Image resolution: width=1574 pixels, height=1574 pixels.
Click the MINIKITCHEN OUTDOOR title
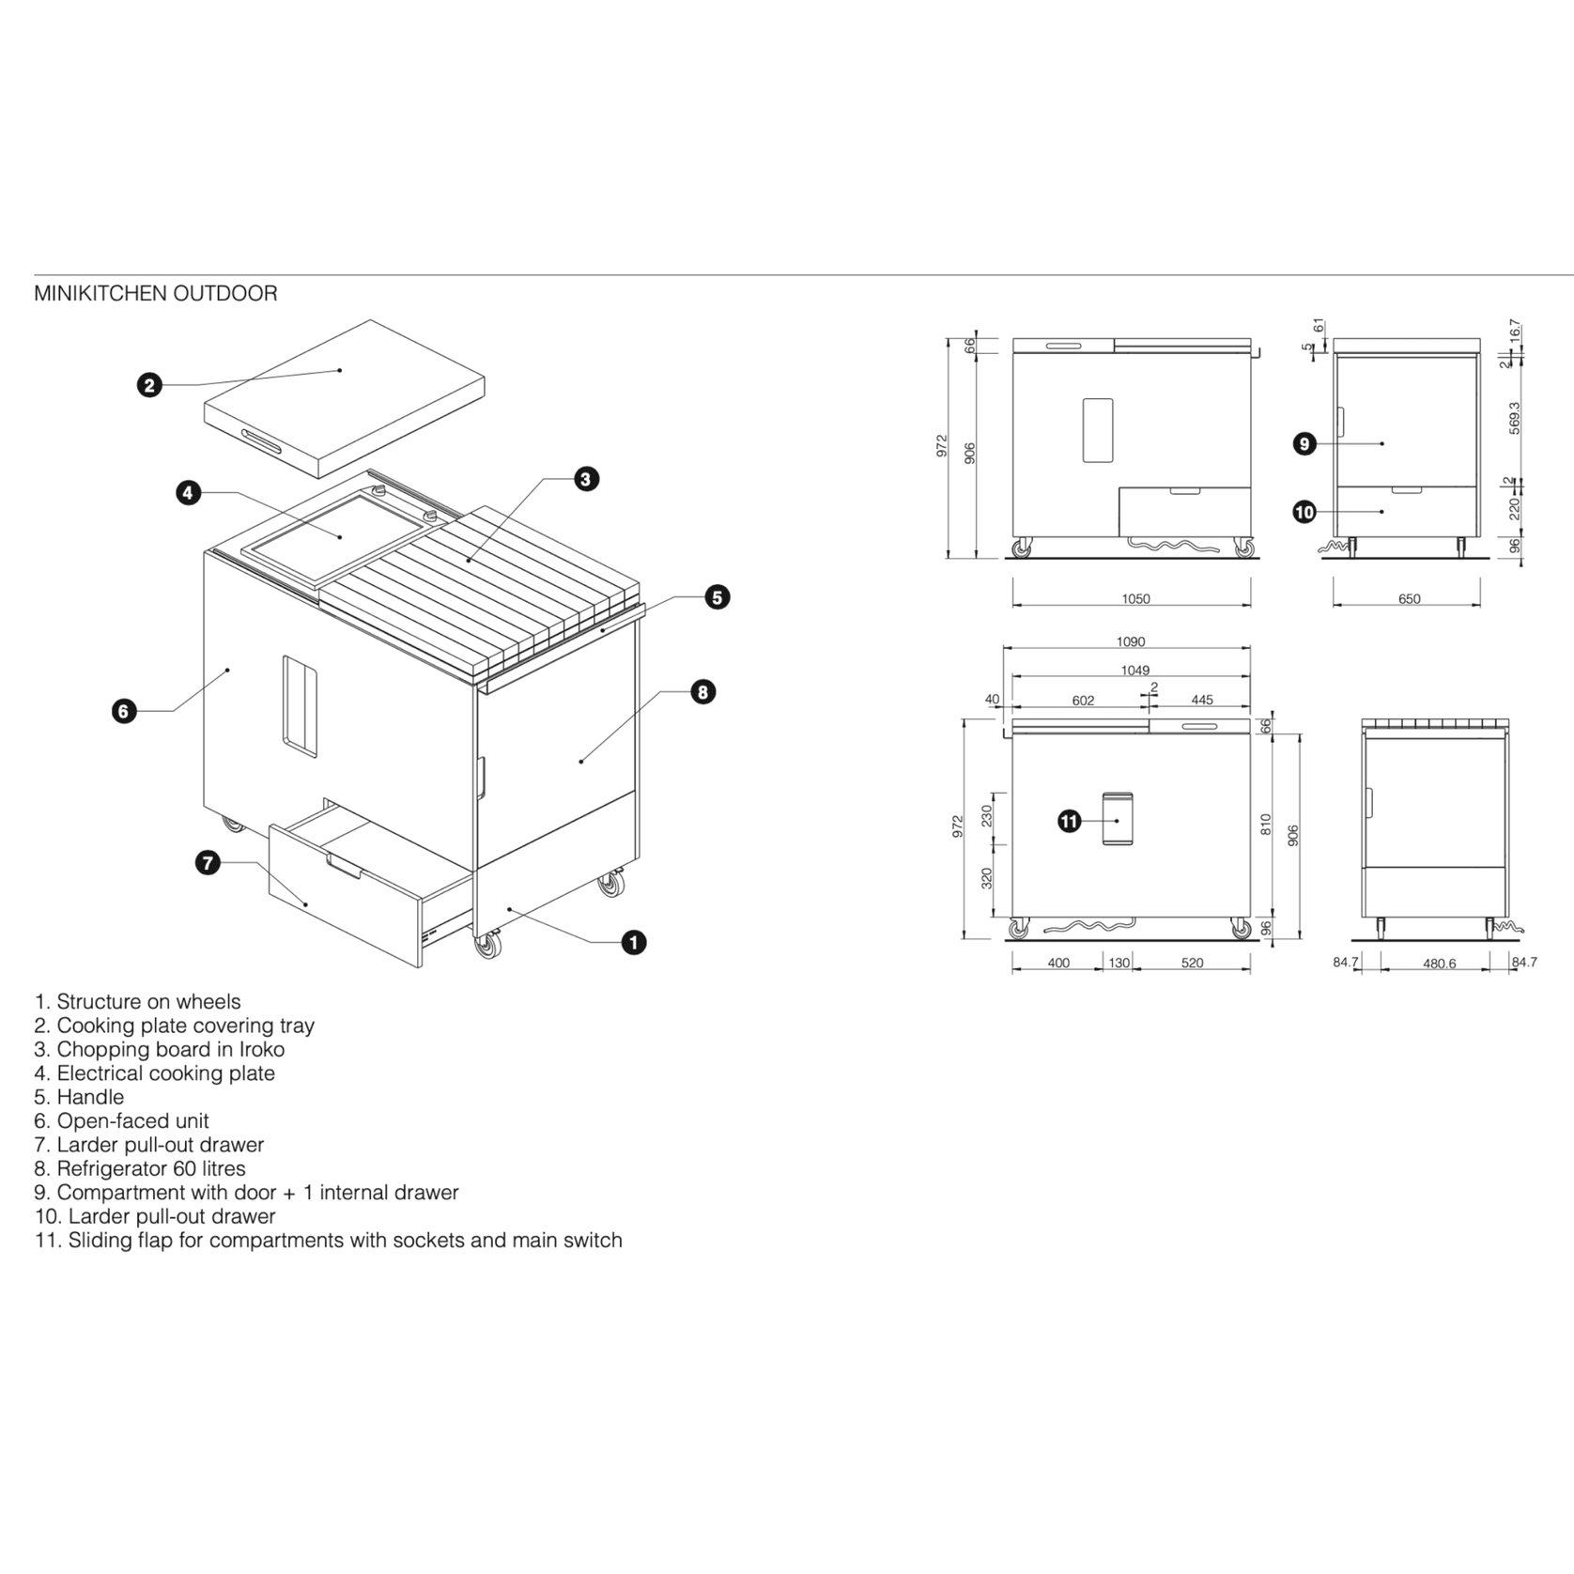156,293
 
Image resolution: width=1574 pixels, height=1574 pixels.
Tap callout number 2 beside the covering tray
149,384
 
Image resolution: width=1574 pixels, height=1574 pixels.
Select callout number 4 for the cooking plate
189,492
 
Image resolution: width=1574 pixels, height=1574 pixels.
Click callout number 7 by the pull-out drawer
208,862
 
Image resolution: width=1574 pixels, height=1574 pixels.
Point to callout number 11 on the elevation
1070,822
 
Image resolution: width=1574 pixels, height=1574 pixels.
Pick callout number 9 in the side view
1304,443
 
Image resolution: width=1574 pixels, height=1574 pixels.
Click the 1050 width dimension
1135,599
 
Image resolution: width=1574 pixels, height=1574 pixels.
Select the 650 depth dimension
1409,599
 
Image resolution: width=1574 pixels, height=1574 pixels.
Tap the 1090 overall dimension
1131,642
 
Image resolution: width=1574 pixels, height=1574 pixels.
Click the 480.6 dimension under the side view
1439,964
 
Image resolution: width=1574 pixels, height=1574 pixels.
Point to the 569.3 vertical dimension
1514,419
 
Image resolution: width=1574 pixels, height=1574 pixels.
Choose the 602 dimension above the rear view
1083,701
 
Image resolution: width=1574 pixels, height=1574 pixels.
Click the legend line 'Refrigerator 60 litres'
140,1168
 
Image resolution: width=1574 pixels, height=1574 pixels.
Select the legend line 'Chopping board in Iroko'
159,1049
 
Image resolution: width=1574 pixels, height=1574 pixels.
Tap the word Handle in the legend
90,1097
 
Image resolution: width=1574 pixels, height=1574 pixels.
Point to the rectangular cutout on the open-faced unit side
300,705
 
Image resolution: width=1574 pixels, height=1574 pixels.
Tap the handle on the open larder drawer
345,867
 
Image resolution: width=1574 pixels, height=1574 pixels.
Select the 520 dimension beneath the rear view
1192,963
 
